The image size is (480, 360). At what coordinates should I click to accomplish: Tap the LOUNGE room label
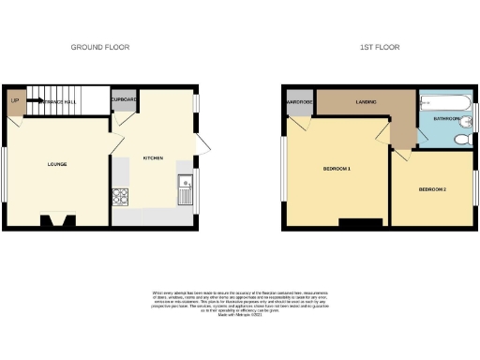point(58,164)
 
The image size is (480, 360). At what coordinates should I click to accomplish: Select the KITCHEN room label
point(153,157)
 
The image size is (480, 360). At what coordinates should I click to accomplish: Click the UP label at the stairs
point(15,99)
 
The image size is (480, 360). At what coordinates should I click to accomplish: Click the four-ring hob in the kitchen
point(120,197)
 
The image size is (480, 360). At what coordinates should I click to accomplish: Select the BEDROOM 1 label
point(337,169)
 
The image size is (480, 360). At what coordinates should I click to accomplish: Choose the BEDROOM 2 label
point(431,190)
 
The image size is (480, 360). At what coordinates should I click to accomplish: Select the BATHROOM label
point(446,120)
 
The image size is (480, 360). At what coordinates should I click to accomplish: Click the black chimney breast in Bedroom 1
point(361,221)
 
